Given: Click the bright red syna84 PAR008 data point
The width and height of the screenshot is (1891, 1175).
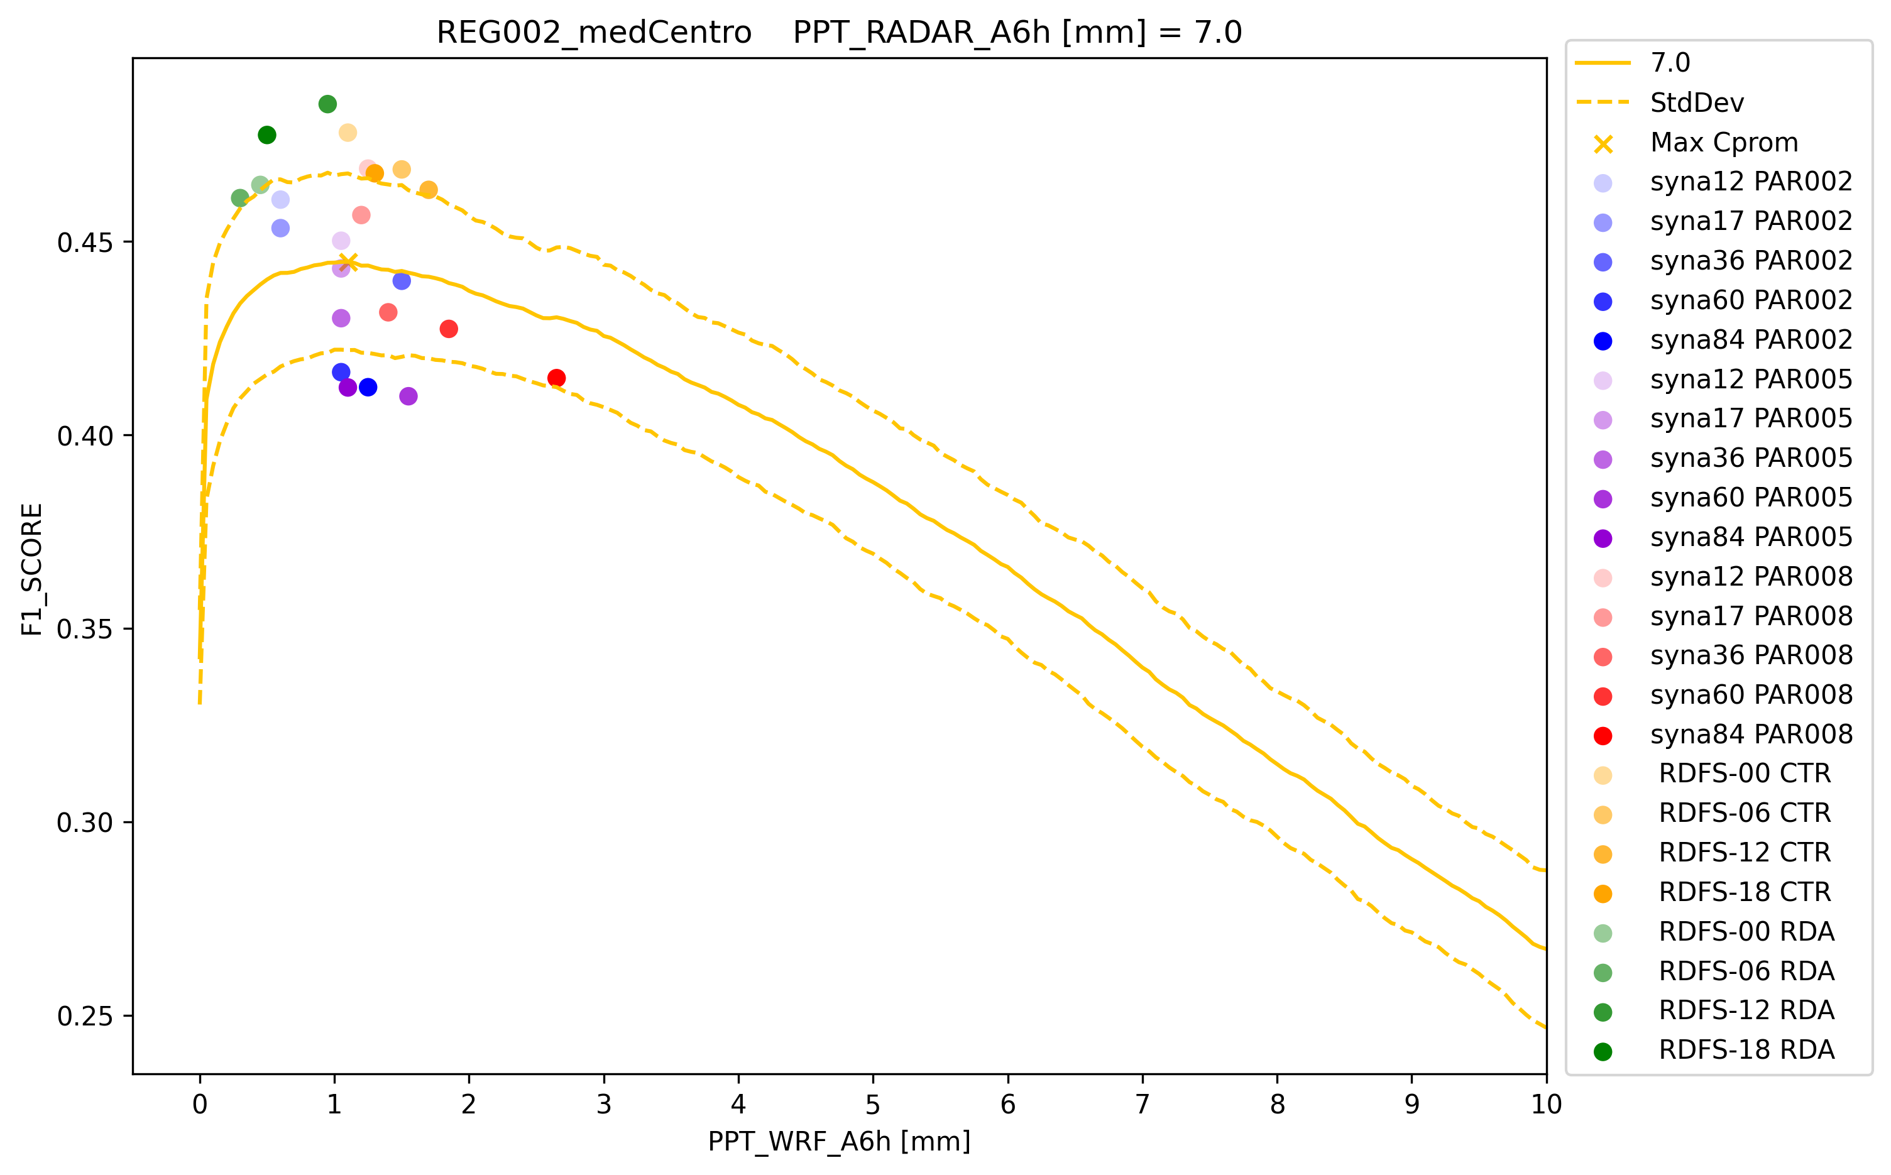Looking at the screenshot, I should (557, 378).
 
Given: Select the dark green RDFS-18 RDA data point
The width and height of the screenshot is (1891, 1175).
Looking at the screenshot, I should (266, 135).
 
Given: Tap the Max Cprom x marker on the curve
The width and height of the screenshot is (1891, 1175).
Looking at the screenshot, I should (348, 263).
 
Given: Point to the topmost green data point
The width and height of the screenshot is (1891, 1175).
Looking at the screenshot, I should (327, 104).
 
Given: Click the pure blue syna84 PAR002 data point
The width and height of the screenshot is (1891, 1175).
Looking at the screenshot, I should (368, 387).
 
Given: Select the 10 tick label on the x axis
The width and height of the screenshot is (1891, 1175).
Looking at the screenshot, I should (1546, 1105).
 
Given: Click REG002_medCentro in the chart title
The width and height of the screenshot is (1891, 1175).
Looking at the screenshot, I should (594, 33).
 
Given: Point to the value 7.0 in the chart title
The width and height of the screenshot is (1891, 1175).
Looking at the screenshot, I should (1219, 33).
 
